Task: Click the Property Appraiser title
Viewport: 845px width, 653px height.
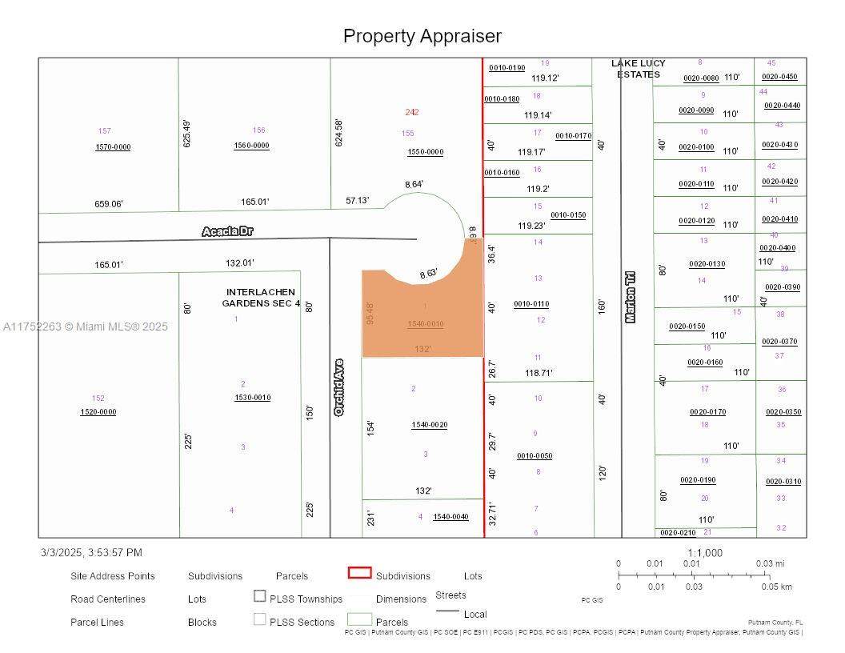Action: (422, 36)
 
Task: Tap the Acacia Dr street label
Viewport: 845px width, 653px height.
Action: (227, 231)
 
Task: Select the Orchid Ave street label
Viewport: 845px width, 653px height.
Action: (339, 387)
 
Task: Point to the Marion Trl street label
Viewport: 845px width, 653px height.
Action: (631, 296)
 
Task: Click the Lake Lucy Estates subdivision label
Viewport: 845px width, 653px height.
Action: (639, 69)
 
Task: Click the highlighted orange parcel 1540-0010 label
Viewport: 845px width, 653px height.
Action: (425, 324)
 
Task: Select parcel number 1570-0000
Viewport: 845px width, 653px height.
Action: (113, 147)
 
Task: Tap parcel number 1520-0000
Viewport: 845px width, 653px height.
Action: (98, 412)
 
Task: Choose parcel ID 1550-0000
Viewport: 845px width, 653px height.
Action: (425, 152)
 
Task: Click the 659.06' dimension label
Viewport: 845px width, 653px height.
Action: (109, 204)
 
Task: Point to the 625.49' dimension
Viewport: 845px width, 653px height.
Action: (187, 134)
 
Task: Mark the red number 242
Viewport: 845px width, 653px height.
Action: (411, 112)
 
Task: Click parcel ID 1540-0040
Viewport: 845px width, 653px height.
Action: (451, 517)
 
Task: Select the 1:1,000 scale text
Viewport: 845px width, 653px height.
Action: (704, 553)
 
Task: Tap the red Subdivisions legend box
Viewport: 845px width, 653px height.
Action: (360, 573)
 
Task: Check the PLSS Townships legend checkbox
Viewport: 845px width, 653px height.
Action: (260, 596)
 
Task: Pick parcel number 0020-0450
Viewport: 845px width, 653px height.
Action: (779, 77)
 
